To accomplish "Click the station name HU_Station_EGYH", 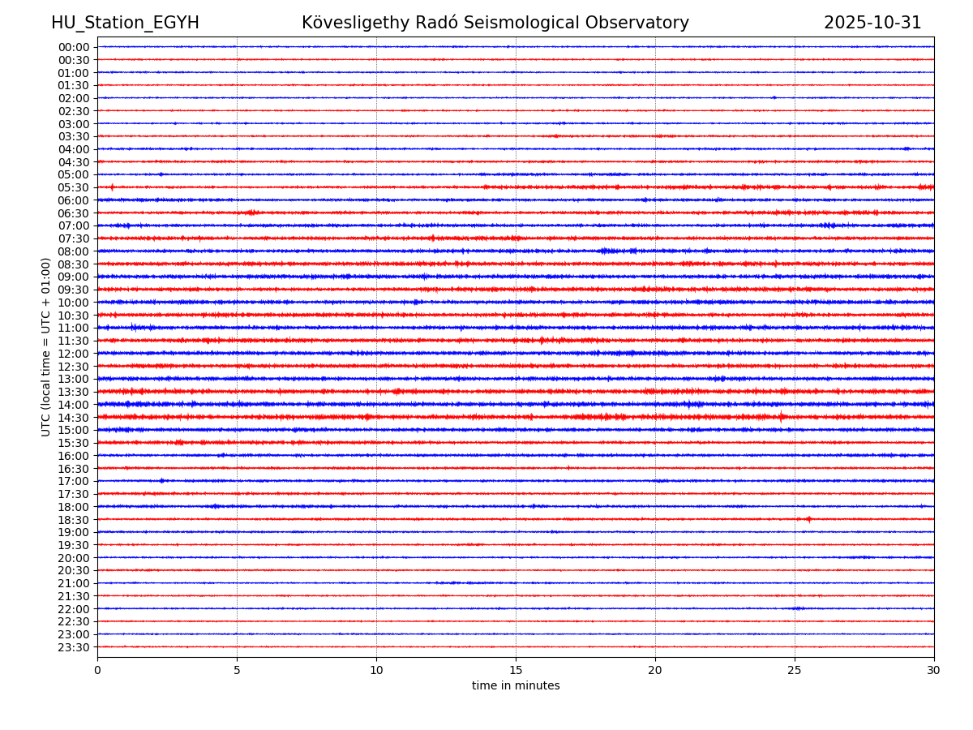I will [x=125, y=23].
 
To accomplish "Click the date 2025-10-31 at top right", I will [x=872, y=23].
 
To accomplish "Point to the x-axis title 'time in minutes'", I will [x=516, y=686].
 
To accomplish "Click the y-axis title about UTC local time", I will [x=46, y=347].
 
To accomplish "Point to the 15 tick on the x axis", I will [x=516, y=670].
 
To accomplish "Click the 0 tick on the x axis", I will [x=97, y=670].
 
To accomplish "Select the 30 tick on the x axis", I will [x=934, y=670].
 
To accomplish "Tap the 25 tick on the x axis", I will [x=795, y=670].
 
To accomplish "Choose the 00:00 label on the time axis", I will [x=74, y=47].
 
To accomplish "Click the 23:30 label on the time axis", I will [x=74, y=647].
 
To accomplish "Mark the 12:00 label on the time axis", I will [x=74, y=354].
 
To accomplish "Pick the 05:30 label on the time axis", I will [x=74, y=187].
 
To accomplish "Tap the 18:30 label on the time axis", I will [x=74, y=519].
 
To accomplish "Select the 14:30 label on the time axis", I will [x=74, y=417].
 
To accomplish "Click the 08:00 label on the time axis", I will [x=74, y=251].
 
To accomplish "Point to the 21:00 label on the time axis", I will [x=74, y=583].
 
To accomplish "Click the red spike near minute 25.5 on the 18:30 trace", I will [x=808, y=519].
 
